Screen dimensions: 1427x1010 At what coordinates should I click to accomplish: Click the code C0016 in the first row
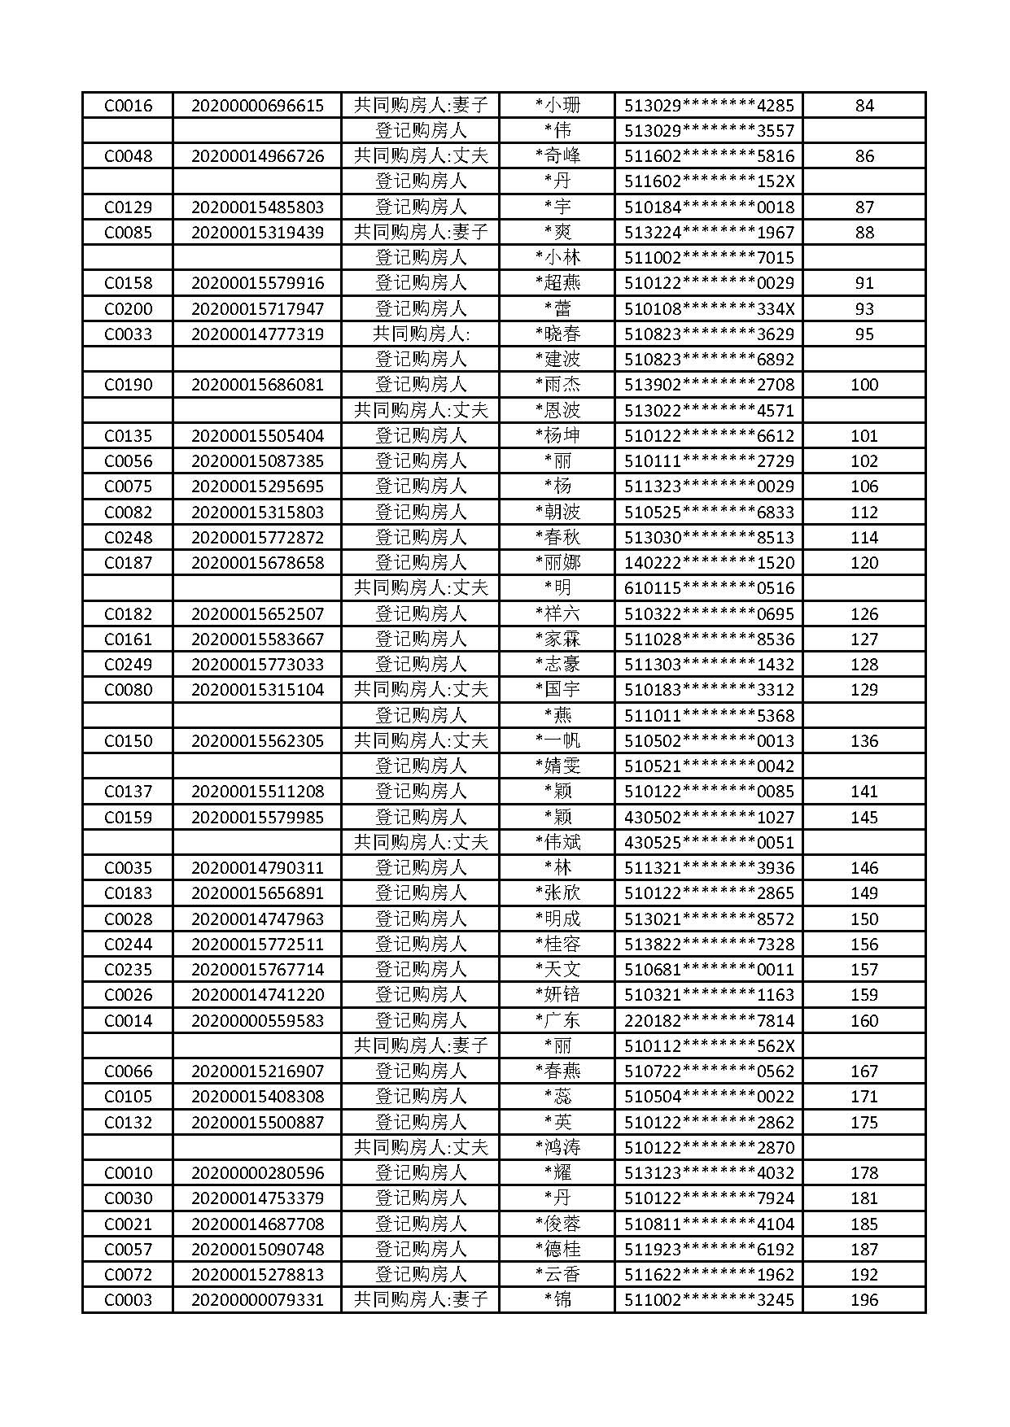[x=128, y=105]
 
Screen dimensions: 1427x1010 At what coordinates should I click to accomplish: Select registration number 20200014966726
[x=257, y=156]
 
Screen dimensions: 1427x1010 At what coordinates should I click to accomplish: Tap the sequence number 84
[x=864, y=105]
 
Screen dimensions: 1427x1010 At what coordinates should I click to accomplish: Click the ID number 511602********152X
[x=709, y=181]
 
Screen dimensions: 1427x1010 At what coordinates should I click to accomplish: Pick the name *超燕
[x=557, y=283]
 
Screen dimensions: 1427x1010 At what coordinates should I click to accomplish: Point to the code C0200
[x=128, y=308]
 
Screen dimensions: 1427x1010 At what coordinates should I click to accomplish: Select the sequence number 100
[x=864, y=385]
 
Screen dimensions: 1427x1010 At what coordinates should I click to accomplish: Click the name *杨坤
[x=557, y=435]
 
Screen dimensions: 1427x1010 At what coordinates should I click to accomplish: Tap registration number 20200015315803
[x=257, y=512]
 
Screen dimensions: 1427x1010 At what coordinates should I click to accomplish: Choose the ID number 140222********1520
[x=709, y=563]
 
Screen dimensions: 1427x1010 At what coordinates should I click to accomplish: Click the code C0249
[x=128, y=665]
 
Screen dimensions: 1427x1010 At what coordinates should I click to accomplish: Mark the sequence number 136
[x=864, y=741]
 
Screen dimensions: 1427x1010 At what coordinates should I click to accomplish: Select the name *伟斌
[x=557, y=842]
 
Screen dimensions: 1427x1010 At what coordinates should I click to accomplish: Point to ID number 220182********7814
[x=709, y=1020]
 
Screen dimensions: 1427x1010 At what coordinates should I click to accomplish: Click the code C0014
[x=128, y=1020]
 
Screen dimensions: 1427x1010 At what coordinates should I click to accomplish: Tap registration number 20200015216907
[x=257, y=1071]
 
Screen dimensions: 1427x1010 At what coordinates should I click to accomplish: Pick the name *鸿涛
[x=557, y=1147]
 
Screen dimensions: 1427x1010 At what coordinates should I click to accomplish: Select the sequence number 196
[x=864, y=1300]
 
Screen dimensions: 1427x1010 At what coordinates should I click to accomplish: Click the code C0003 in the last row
[x=128, y=1300]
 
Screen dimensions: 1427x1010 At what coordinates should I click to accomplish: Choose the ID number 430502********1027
[x=709, y=817]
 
